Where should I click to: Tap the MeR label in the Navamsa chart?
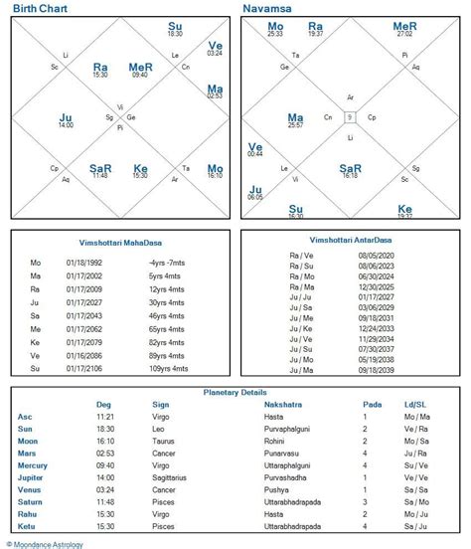[x=404, y=26]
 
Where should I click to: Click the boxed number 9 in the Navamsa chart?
[x=350, y=116]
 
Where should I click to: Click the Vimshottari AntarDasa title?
[x=350, y=241]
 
